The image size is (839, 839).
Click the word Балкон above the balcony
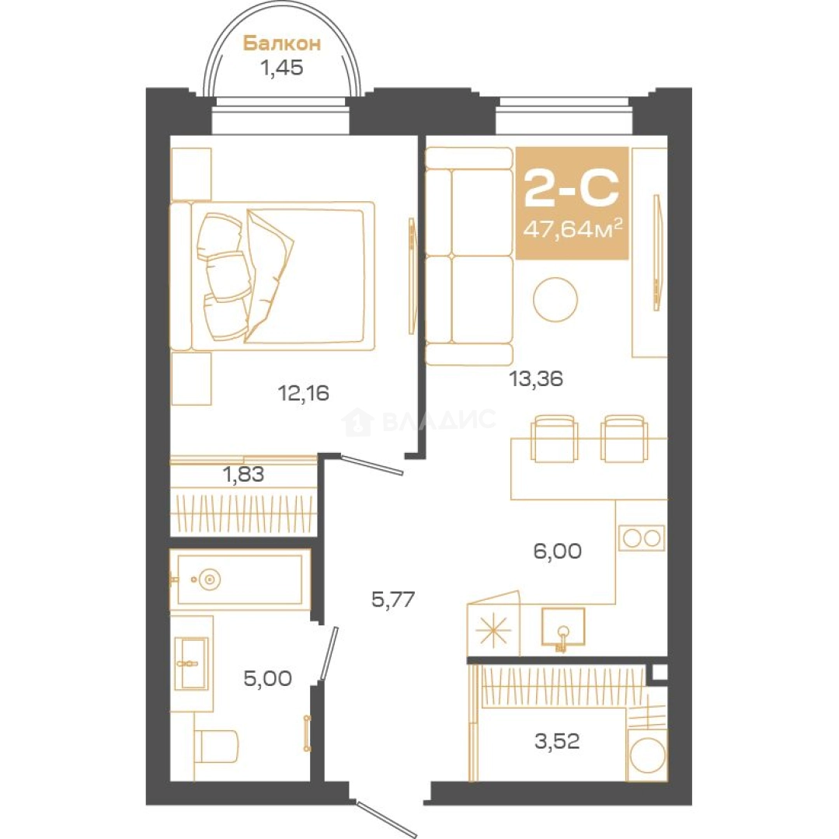point(282,43)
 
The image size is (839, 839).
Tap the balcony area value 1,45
point(281,68)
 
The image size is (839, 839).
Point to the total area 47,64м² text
point(573,228)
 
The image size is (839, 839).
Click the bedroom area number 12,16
point(304,393)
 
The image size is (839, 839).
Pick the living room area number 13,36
point(536,379)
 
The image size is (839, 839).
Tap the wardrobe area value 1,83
point(244,474)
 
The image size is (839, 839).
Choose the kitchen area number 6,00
point(558,551)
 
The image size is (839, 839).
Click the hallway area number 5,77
point(393,599)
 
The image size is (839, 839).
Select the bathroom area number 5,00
point(267,678)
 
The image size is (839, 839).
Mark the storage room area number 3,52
point(557,741)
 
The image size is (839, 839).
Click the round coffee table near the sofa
point(555,300)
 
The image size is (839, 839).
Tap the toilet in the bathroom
point(215,746)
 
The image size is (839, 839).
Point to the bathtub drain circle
point(209,579)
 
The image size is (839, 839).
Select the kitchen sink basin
point(563,627)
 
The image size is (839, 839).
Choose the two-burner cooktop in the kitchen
point(642,538)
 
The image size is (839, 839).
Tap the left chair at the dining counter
point(555,439)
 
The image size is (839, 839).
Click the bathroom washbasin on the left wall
point(192,663)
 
